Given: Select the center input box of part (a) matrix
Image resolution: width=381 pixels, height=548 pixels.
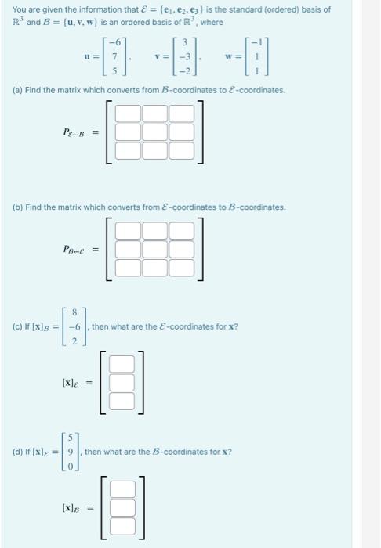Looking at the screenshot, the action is click(x=155, y=132).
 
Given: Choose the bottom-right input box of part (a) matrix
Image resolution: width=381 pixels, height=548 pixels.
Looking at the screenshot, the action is click(x=182, y=150).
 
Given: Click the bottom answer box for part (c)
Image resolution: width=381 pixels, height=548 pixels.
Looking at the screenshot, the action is click(x=122, y=400).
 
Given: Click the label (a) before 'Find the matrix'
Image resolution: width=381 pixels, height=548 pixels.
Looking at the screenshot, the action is click(x=17, y=91).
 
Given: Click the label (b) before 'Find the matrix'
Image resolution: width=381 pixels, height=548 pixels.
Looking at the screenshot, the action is click(x=17, y=207).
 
